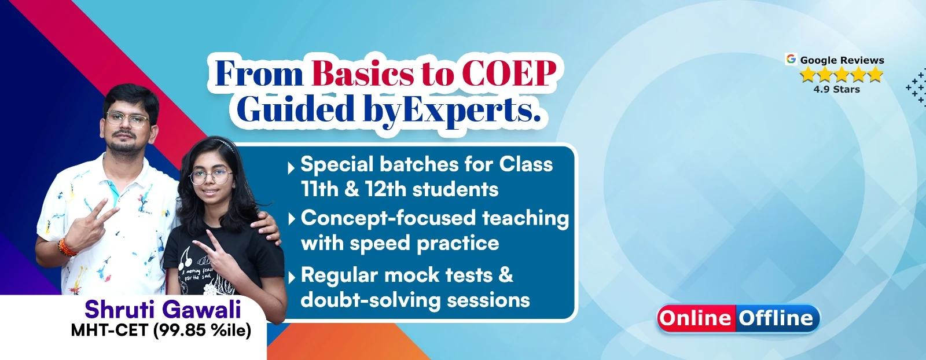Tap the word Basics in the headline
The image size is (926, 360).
362,74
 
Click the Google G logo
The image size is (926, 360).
791,59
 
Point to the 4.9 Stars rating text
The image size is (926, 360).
837,89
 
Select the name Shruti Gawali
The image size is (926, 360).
163,310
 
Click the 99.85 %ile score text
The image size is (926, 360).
202,330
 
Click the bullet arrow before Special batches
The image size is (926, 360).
291,168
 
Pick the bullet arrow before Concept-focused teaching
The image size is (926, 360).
292,219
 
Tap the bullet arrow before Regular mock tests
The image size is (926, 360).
292,277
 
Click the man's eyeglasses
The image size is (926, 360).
127,119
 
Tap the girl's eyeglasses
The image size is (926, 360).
210,177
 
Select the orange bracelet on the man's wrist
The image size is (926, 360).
66,247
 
